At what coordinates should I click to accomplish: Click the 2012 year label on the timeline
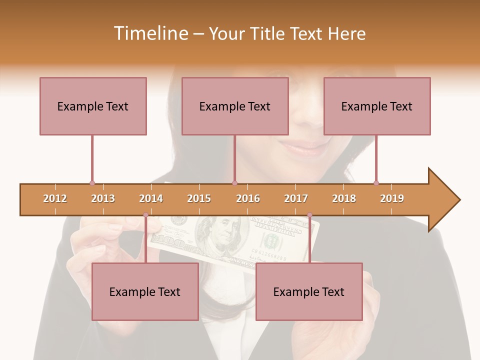point(55,198)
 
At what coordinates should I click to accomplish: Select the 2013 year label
point(103,198)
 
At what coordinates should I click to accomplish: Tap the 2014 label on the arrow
point(151,198)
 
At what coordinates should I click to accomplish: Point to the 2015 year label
point(199,198)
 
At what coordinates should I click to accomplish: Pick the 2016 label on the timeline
point(248,198)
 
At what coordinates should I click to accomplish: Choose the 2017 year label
point(296,198)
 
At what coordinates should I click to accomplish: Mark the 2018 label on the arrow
point(344,198)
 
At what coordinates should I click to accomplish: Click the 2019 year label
point(392,198)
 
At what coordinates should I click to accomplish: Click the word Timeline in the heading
point(149,33)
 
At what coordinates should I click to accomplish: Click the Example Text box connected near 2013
point(93,106)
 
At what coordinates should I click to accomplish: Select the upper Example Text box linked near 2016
point(235,106)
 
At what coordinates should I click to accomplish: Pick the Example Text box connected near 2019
point(377,106)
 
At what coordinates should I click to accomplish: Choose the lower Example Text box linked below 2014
point(145,291)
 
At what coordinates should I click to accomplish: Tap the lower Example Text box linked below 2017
point(309,291)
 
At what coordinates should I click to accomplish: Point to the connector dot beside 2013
point(92,183)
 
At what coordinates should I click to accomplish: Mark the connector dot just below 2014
point(145,215)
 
